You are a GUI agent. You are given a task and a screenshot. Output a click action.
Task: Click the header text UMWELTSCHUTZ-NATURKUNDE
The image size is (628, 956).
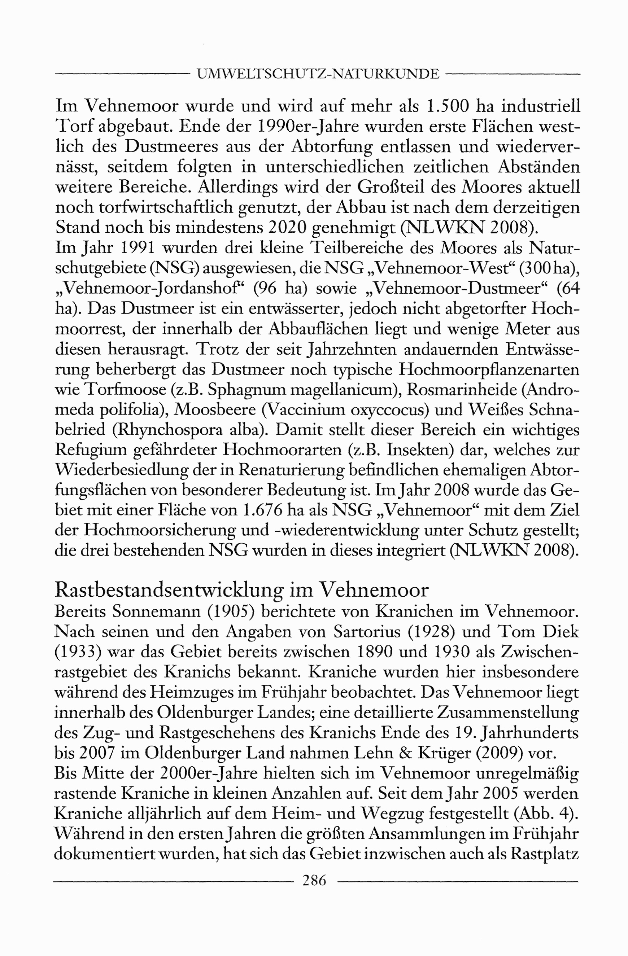(x=318, y=74)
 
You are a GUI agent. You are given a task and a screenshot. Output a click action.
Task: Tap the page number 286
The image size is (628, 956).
(x=314, y=880)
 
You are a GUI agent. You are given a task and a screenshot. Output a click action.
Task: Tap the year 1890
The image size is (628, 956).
(x=375, y=652)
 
